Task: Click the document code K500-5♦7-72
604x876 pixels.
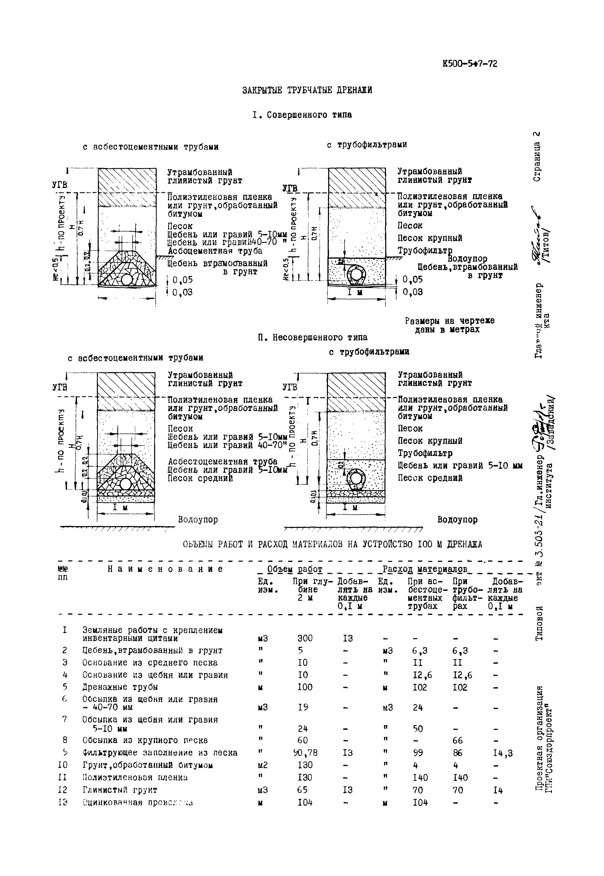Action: tap(469, 64)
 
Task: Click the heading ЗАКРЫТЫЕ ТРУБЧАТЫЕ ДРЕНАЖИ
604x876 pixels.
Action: tap(307, 90)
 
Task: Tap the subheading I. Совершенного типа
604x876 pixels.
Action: tap(302, 115)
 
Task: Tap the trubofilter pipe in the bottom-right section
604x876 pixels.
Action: tap(356, 479)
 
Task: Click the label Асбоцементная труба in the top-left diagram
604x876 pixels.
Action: tap(215, 251)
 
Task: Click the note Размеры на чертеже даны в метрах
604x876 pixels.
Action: tap(449, 325)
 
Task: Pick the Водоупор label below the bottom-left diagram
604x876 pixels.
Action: tap(198, 519)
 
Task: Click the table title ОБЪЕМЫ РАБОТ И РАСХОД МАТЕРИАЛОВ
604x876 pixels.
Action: tap(332, 544)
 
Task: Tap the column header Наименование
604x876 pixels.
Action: tap(165, 569)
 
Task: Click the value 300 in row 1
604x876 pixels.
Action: tap(305, 638)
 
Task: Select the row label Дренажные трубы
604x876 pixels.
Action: tap(120, 687)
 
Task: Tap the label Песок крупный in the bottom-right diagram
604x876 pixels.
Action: tap(430, 441)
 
